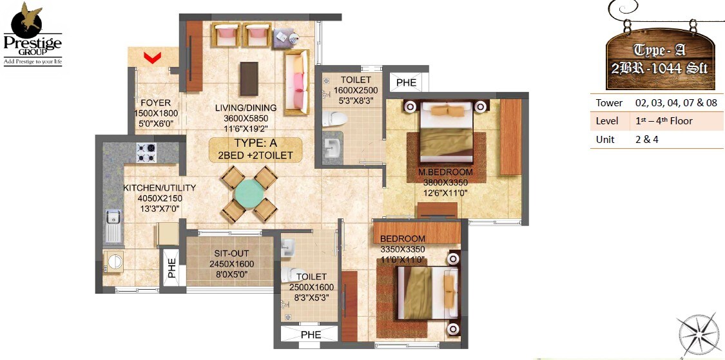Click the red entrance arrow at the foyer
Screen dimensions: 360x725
(152, 59)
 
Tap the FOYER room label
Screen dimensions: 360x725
(155, 103)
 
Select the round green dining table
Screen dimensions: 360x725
(247, 193)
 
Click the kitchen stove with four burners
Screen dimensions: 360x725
(146, 152)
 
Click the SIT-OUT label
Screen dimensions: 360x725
(231, 254)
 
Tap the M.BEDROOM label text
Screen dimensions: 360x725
(445, 173)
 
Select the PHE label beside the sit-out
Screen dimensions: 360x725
(172, 268)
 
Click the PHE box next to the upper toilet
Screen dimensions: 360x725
(406, 82)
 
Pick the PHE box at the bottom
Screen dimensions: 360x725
(311, 335)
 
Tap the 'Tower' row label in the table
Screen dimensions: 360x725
(609, 102)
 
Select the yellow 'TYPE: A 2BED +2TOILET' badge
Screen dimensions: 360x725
(255, 149)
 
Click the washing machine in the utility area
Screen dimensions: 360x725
(115, 262)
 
